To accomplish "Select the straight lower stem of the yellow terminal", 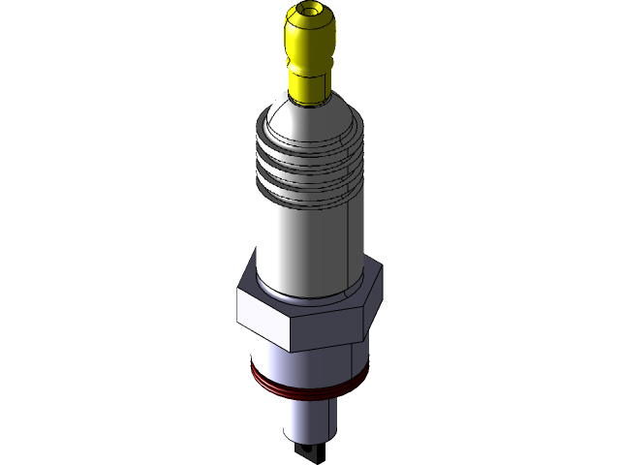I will point(309,84).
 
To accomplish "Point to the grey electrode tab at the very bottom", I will point(307,451).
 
